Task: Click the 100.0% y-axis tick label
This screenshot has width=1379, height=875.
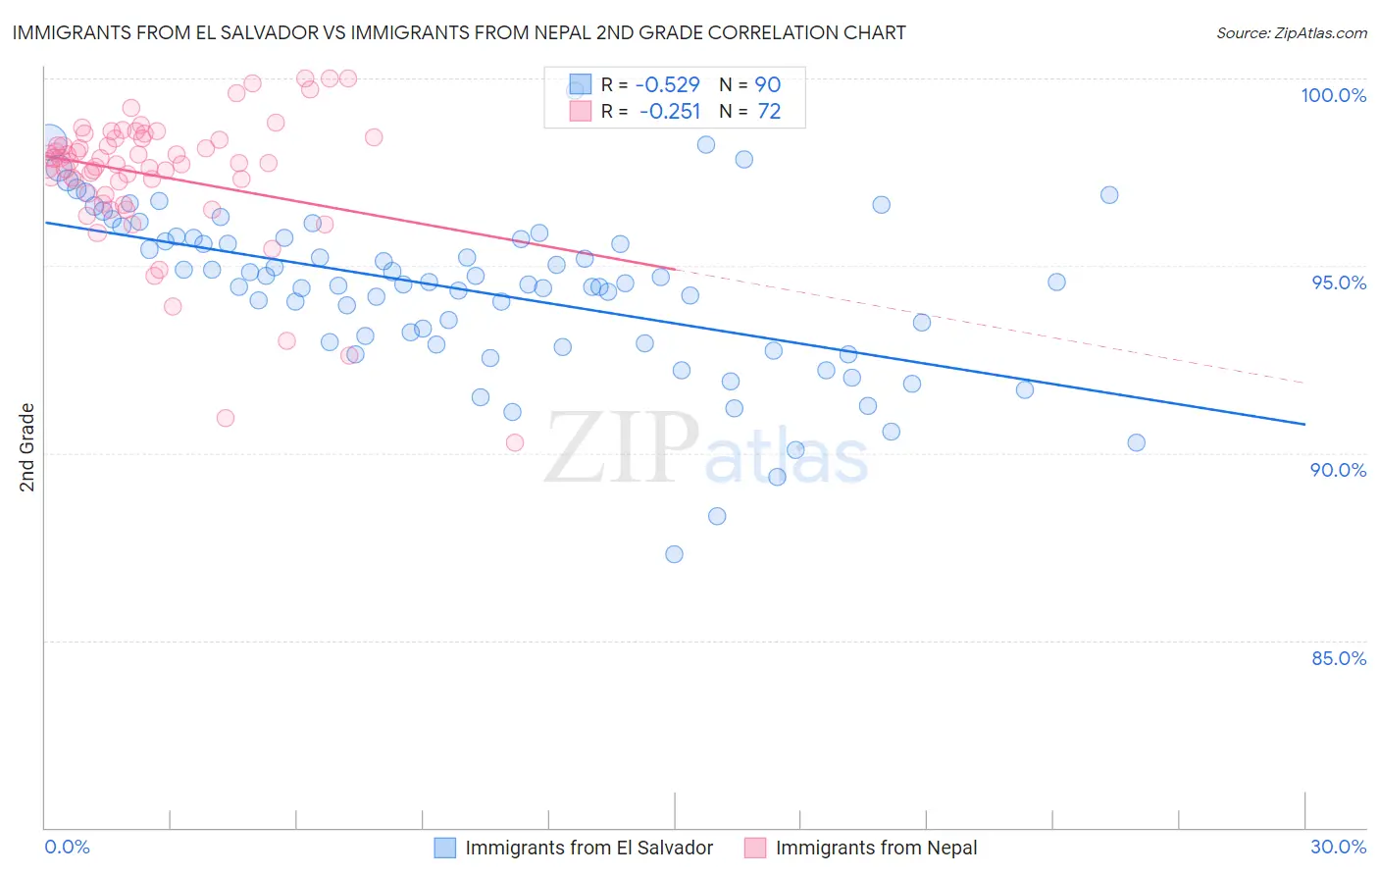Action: coord(1333,95)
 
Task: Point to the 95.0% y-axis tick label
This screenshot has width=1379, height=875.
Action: coord(1338,283)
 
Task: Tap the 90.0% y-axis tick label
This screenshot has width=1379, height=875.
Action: coord(1338,470)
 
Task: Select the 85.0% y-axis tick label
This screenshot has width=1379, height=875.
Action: coord(1338,658)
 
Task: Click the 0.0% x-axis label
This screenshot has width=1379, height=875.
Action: coord(67,847)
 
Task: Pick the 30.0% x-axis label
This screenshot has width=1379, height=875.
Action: coord(1338,847)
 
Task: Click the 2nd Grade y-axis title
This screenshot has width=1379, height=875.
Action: coord(27,447)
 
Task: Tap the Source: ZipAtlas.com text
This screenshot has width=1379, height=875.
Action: coord(1291,32)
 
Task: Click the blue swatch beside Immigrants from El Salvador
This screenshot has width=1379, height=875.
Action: coord(445,848)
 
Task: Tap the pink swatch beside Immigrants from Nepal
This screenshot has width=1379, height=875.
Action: coord(755,848)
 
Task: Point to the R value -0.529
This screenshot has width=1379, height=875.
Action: coord(669,84)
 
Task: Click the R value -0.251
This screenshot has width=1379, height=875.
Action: coord(669,111)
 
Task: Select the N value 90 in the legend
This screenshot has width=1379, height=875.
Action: coord(767,84)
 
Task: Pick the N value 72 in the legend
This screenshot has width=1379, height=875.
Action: coord(769,111)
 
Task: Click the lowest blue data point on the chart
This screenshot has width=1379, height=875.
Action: coord(674,554)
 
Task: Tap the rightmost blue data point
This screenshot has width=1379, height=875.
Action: coord(1136,442)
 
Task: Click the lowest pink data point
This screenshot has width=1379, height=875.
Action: coord(515,442)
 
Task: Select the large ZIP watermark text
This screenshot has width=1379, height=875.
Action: coord(622,449)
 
